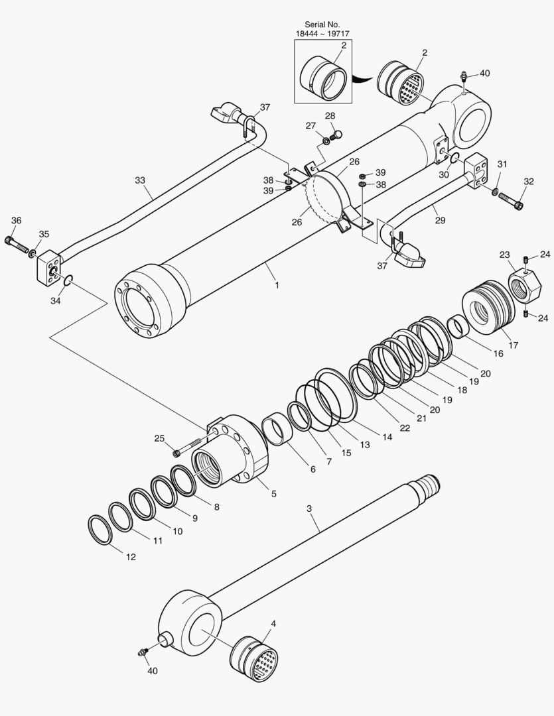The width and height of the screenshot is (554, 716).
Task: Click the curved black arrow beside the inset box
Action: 362,78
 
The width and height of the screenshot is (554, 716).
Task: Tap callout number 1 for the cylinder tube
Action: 276,285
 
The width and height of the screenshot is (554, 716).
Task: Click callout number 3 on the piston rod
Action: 309,508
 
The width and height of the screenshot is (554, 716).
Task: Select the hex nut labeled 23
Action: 524,283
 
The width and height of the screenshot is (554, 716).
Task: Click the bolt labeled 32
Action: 511,199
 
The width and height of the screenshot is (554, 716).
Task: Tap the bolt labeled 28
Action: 336,135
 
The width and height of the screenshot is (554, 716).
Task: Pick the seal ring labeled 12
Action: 100,530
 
